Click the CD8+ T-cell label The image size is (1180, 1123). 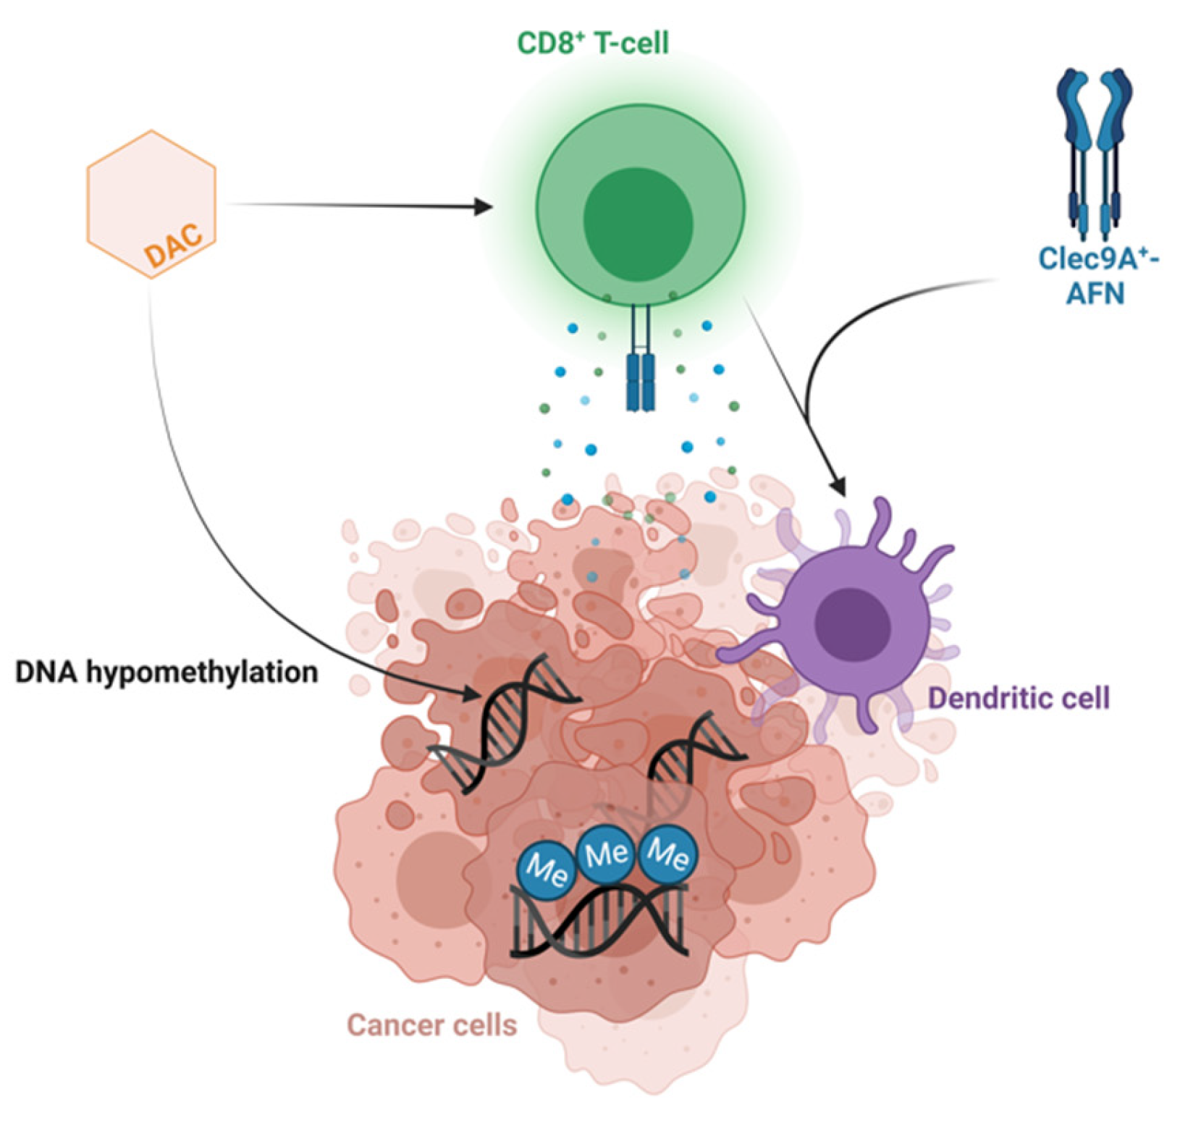592,43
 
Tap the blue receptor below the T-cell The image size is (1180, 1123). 640,380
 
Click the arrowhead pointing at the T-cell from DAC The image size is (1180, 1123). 484,207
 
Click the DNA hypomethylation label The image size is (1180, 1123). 167,672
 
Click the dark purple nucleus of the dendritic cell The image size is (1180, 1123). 852,624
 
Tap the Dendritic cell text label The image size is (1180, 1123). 1019,698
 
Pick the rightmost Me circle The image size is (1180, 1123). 668,854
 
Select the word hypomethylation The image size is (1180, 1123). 202,672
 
